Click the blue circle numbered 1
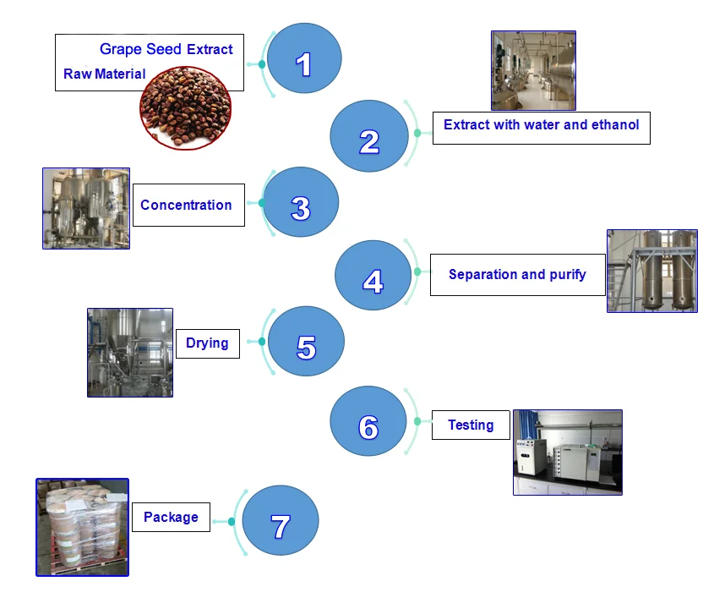point(304,58)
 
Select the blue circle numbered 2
point(367,136)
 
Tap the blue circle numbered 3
point(301,203)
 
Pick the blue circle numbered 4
point(373,275)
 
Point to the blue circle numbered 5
point(306,342)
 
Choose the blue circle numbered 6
point(368,421)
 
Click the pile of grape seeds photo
point(185,106)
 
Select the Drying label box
point(208,343)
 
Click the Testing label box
point(471,425)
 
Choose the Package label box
point(171,517)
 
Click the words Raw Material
point(104,74)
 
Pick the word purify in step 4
point(566,274)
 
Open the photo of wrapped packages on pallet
point(82,527)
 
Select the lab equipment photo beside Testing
point(567,452)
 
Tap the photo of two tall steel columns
point(652,271)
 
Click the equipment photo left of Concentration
point(86,208)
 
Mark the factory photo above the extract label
point(533,70)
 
